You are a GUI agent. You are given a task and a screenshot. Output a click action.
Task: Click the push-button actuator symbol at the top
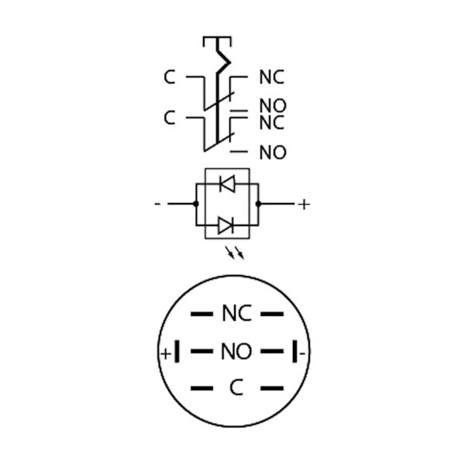point(216,40)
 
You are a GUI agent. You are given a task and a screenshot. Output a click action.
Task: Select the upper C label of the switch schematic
point(170,77)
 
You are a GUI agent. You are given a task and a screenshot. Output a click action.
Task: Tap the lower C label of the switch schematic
point(170,118)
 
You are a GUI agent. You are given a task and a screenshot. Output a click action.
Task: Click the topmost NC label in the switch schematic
point(271,77)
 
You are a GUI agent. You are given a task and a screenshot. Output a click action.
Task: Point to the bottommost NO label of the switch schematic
point(272,153)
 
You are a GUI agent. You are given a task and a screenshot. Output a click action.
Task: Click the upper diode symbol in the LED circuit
point(226,184)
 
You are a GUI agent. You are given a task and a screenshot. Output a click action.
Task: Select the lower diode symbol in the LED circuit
point(226,226)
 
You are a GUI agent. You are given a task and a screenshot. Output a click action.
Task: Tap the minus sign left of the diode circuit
point(158,204)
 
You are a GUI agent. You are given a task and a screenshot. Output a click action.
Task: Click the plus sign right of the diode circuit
point(304,204)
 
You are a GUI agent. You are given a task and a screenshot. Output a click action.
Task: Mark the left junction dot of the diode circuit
point(195,204)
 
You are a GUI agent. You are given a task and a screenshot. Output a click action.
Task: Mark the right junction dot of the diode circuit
point(258,204)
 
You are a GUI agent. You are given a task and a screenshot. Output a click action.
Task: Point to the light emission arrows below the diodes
point(235,253)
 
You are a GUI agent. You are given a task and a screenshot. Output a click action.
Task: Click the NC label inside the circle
point(236,314)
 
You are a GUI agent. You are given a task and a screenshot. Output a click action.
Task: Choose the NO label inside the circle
point(236,352)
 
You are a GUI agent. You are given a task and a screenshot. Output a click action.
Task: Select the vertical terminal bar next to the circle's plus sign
point(177,352)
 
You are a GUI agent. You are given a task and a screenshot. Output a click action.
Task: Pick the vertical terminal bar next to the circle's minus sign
point(295,352)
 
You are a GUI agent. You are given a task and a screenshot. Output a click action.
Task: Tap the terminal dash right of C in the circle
point(271,388)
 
